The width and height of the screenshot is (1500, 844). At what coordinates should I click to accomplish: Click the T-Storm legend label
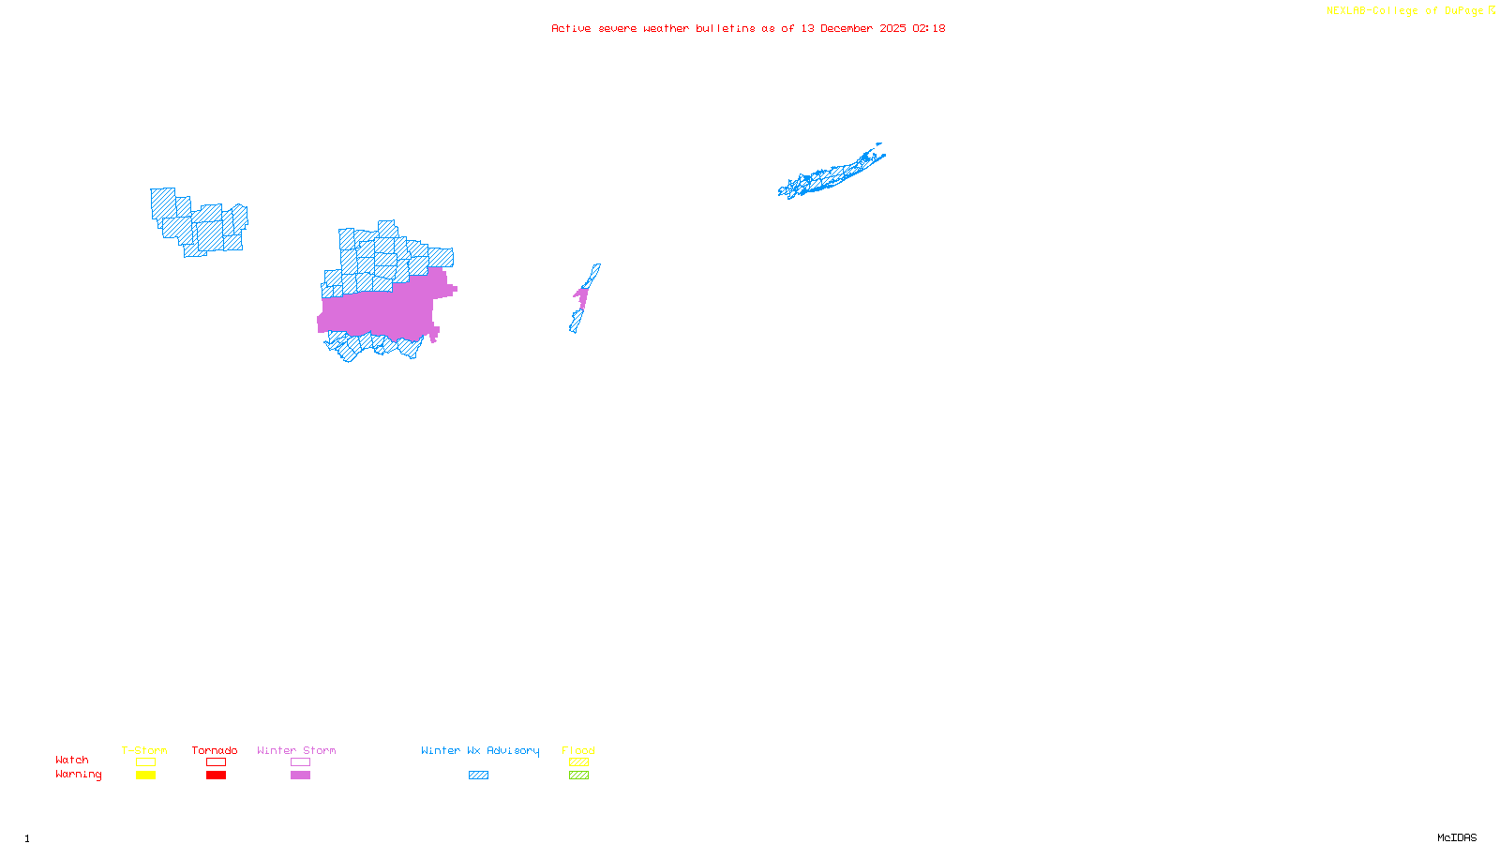(x=144, y=750)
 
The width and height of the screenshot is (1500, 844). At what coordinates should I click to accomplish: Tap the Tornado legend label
(x=215, y=750)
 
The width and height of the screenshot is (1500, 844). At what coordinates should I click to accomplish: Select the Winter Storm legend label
(x=296, y=750)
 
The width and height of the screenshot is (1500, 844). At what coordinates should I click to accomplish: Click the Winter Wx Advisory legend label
(x=480, y=750)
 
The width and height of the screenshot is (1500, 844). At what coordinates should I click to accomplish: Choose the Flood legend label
(x=578, y=750)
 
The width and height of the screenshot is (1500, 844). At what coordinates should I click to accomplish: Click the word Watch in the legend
(x=72, y=760)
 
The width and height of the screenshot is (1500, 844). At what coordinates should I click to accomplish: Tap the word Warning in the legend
(x=79, y=775)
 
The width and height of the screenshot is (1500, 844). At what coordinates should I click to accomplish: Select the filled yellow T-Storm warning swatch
(x=145, y=776)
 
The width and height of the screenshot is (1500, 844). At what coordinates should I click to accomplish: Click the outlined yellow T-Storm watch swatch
(x=145, y=762)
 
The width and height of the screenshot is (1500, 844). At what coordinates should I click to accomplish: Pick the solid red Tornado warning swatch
(x=217, y=776)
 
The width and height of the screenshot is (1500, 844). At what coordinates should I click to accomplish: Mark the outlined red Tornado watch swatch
(x=217, y=762)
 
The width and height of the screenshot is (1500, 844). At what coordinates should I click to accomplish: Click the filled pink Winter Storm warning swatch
(x=300, y=776)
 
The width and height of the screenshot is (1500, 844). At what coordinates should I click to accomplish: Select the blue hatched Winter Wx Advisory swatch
(x=478, y=776)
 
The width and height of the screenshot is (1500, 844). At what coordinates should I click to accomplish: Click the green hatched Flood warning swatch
(x=578, y=776)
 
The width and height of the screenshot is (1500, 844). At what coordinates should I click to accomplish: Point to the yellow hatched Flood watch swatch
(x=578, y=762)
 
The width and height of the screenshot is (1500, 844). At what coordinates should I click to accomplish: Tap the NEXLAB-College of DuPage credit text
(x=1405, y=11)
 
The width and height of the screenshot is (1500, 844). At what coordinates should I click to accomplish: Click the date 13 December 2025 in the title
(x=853, y=28)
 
